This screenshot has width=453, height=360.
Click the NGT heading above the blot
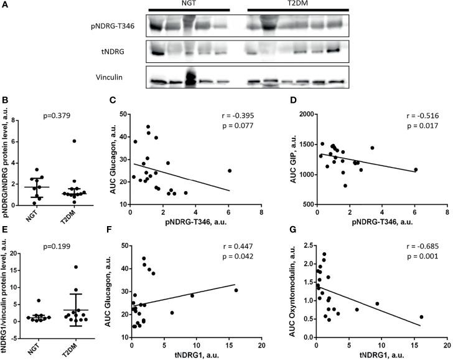point(189,4)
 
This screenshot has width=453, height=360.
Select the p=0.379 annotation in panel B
point(58,116)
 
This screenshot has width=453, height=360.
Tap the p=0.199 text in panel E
point(58,238)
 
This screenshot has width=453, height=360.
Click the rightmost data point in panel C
point(229,171)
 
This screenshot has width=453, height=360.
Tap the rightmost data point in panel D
point(415,169)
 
